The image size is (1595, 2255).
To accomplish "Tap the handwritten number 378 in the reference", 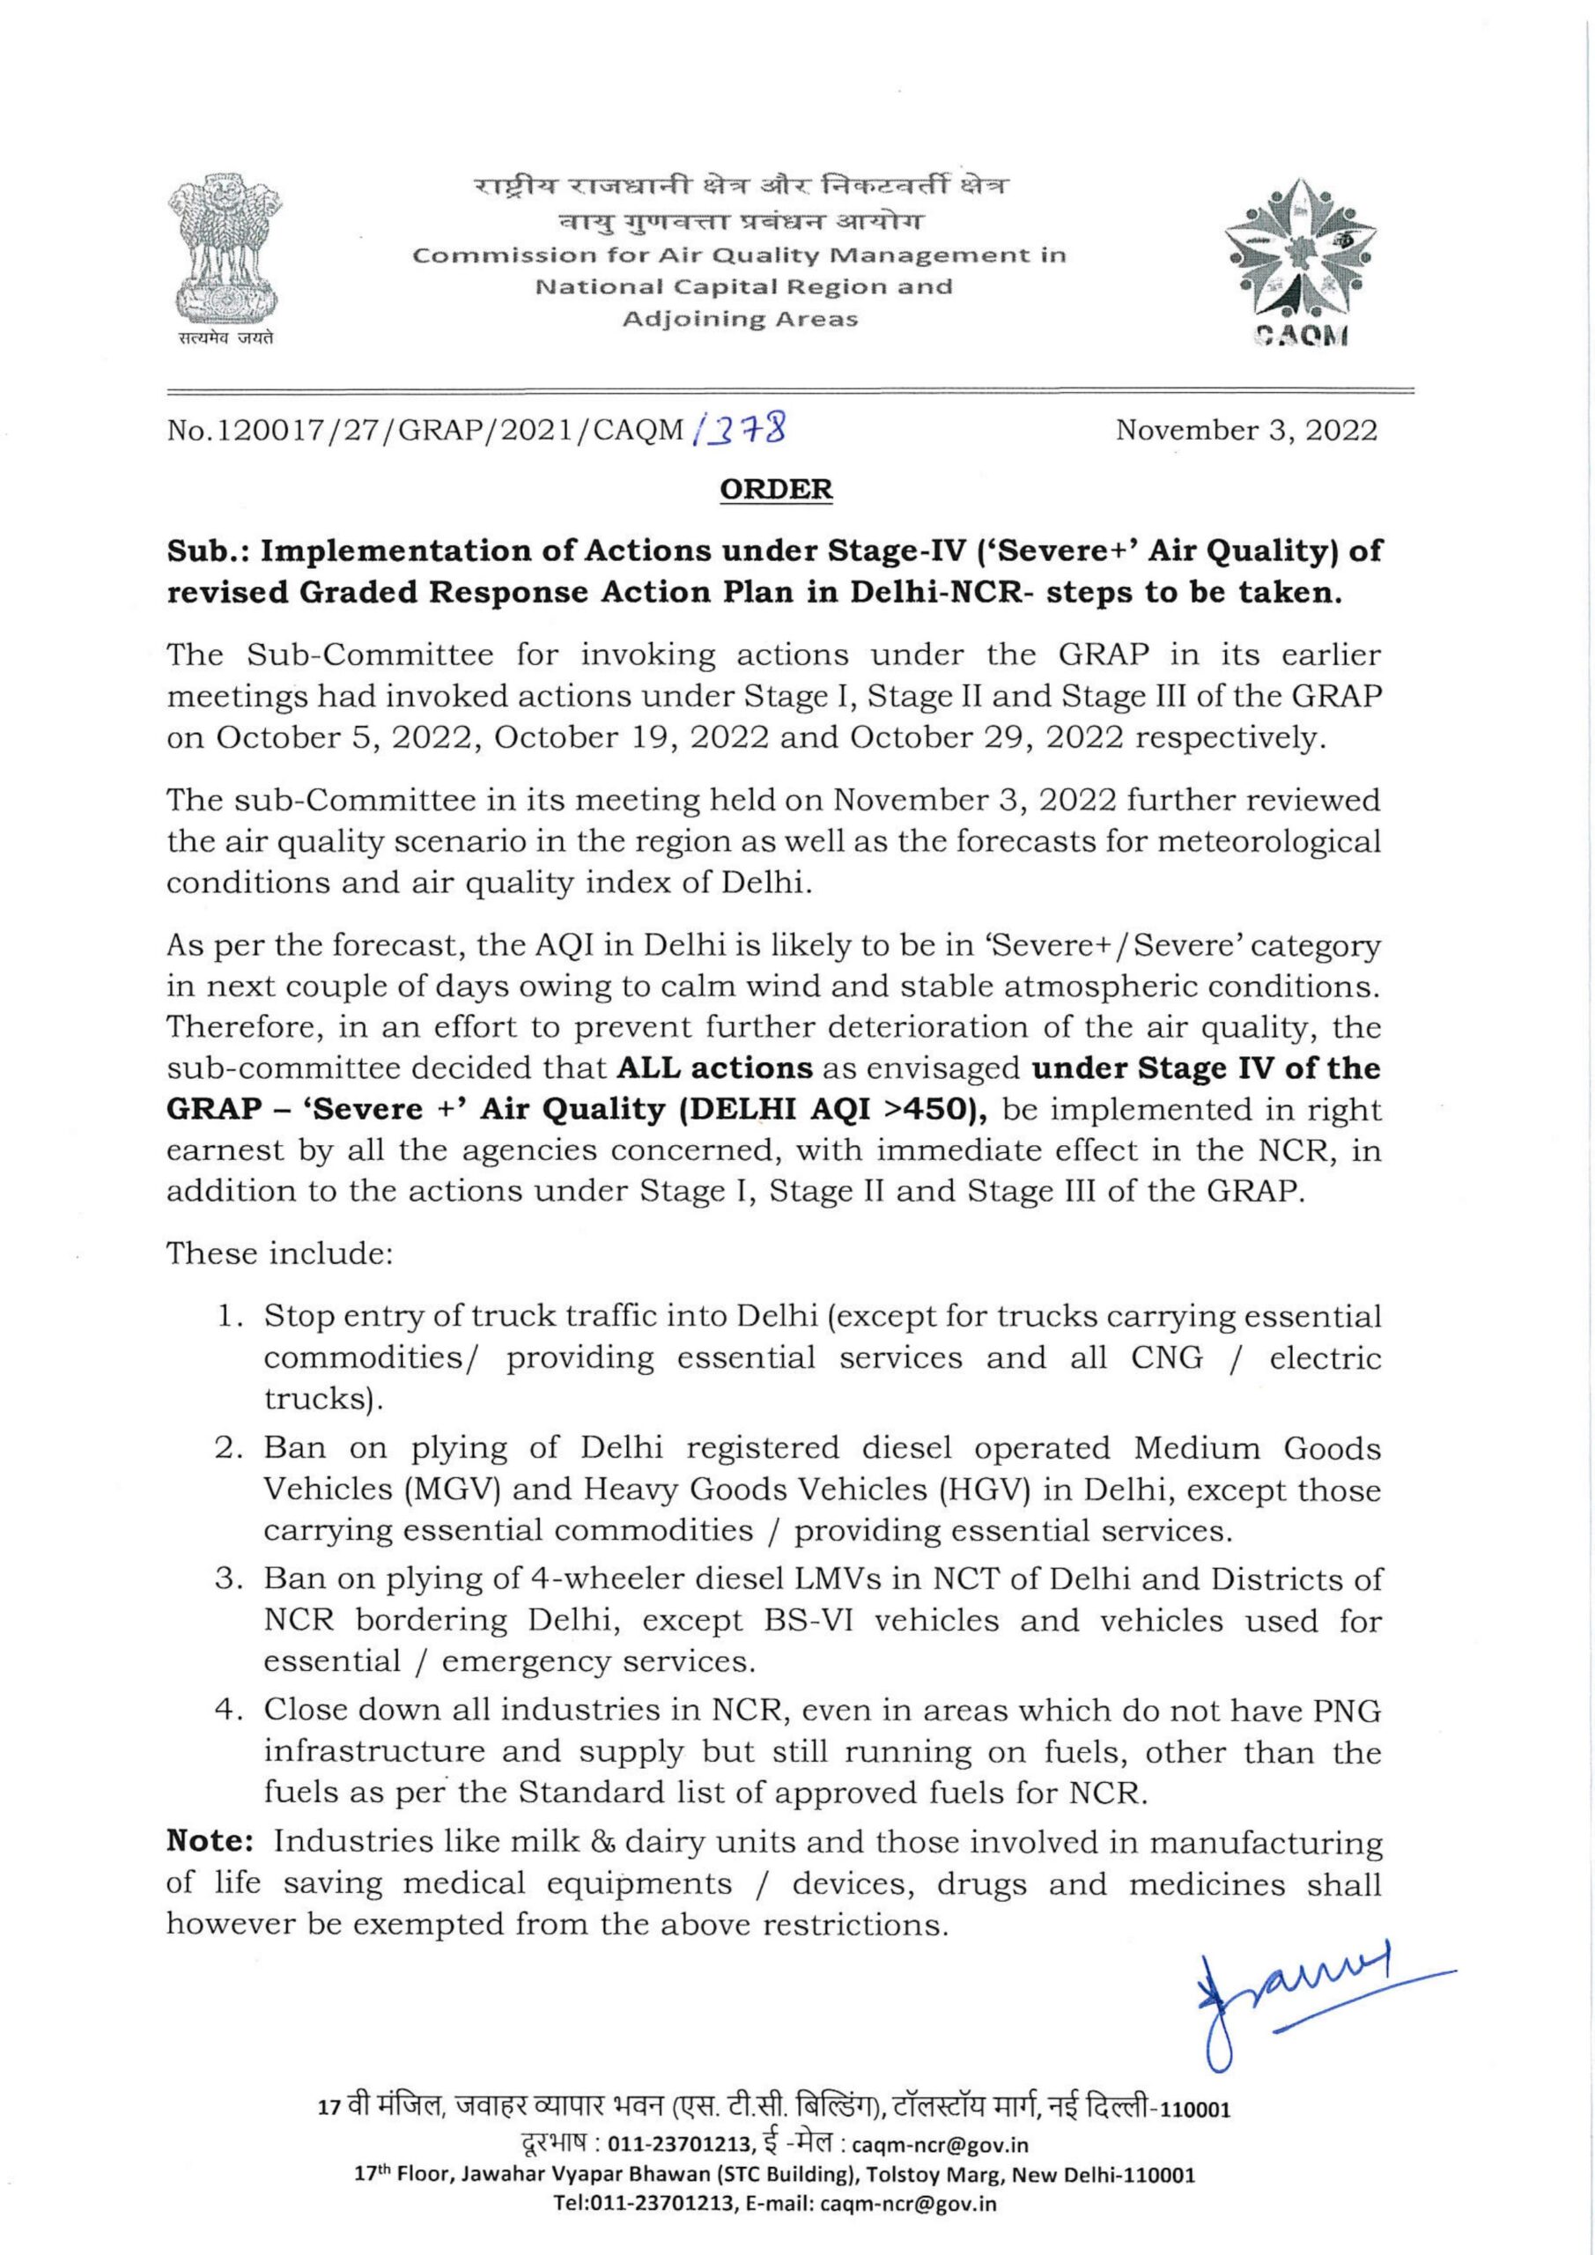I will point(750,429).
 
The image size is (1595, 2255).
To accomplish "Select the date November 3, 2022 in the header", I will point(1246,430).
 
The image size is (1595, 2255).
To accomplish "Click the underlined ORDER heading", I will point(776,489).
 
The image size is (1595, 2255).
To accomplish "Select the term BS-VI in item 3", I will point(809,1620).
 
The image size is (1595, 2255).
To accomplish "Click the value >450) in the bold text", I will point(943,1109).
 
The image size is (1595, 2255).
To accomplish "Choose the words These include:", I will point(279,1253).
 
